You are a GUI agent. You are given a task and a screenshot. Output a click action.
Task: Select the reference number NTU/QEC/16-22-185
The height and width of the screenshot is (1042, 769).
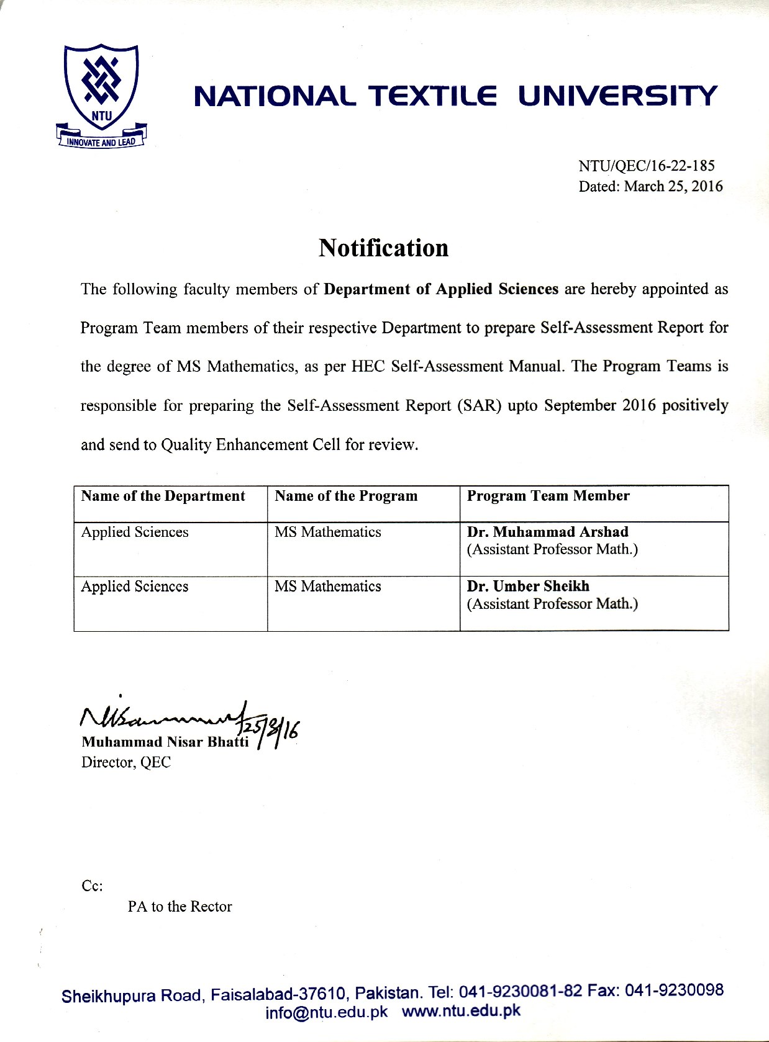coord(646,166)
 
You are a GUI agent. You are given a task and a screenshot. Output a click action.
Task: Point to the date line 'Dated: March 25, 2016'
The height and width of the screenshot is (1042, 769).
coord(650,186)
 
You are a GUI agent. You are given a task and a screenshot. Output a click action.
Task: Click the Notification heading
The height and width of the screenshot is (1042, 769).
coord(383,248)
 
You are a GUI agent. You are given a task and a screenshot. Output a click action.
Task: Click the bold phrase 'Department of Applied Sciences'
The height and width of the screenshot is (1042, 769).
coord(441,289)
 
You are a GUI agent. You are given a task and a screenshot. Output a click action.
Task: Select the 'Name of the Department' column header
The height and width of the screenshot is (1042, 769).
coord(163,496)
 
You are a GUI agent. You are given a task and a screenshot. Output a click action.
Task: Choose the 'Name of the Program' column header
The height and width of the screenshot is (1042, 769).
coord(346,496)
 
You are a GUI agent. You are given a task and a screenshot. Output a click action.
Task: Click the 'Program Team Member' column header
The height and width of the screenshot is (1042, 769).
coord(548,496)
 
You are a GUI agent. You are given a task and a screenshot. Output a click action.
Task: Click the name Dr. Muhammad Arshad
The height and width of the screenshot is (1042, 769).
coord(547,532)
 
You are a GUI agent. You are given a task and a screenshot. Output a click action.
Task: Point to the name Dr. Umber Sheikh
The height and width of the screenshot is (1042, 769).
coord(528,586)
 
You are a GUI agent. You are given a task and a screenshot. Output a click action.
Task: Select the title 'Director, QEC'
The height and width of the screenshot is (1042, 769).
coord(125,762)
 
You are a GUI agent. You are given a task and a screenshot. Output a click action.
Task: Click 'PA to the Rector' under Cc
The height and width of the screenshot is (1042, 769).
coord(180,907)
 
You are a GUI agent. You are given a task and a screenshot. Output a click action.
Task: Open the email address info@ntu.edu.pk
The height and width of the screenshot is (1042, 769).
coord(326,1012)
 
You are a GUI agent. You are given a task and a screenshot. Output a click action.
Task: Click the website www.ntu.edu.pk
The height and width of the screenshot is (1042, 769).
coord(461,1011)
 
